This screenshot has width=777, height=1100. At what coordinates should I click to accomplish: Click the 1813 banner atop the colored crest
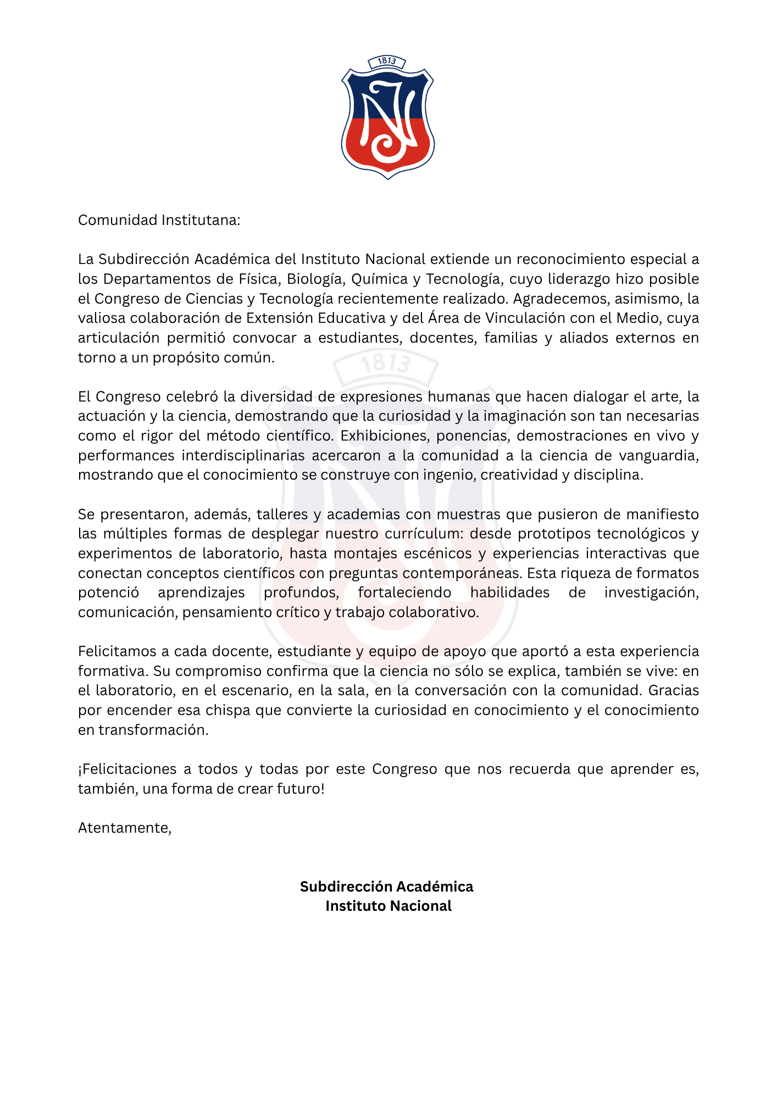(x=387, y=62)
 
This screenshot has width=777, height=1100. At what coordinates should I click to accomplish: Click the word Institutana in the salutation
(x=201, y=220)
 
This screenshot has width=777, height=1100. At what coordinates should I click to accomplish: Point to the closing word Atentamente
(x=125, y=828)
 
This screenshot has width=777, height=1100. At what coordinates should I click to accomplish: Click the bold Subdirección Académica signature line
(x=387, y=887)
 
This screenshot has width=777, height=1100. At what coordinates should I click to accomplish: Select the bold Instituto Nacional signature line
(x=388, y=906)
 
